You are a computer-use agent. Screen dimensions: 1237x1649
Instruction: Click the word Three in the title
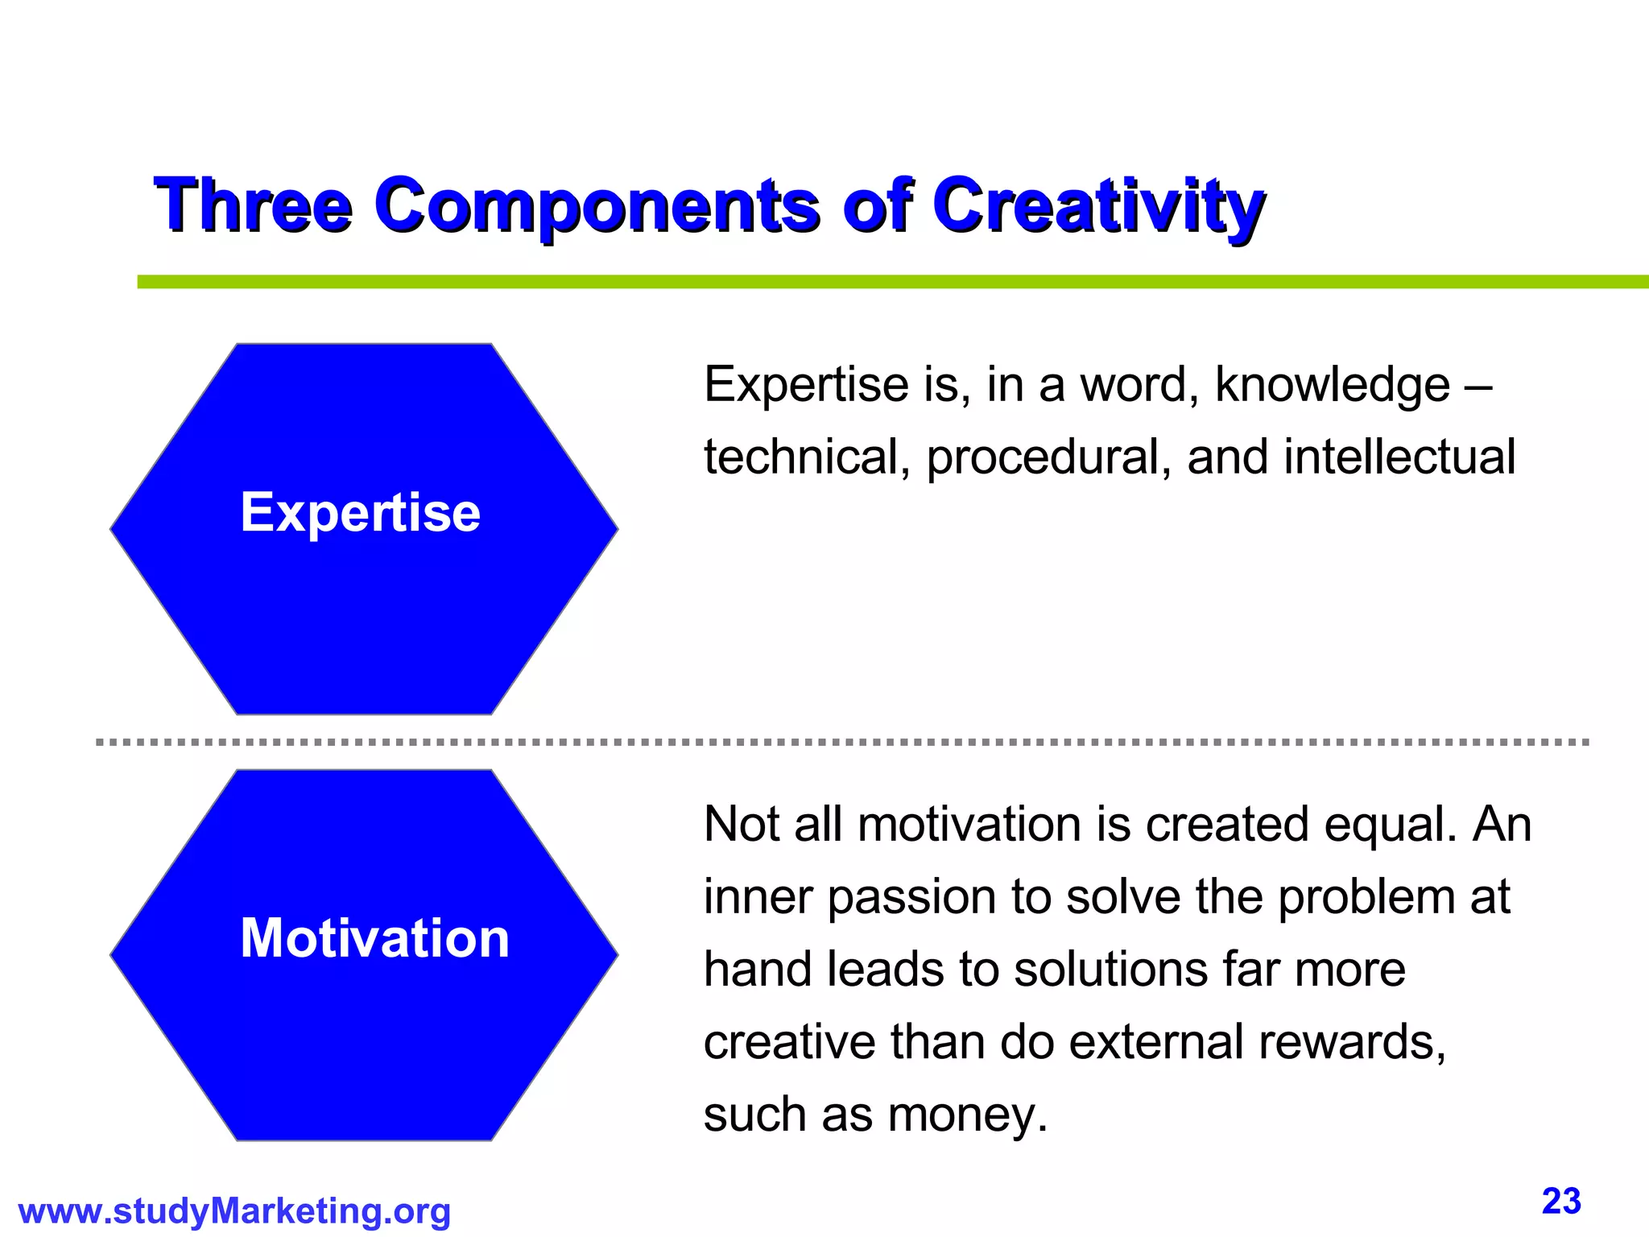254,205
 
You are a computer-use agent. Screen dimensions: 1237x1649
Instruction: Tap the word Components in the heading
597,205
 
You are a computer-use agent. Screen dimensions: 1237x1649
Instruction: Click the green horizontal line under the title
886,282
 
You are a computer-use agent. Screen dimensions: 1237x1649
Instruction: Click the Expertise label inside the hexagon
360,512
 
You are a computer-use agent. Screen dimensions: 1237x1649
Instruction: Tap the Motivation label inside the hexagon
375,938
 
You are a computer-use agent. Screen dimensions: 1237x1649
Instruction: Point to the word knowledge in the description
1332,385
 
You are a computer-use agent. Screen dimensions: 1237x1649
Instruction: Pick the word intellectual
1399,457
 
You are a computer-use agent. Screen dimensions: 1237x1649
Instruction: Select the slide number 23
1561,1202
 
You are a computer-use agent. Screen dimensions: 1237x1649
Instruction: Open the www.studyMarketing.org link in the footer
234,1211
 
